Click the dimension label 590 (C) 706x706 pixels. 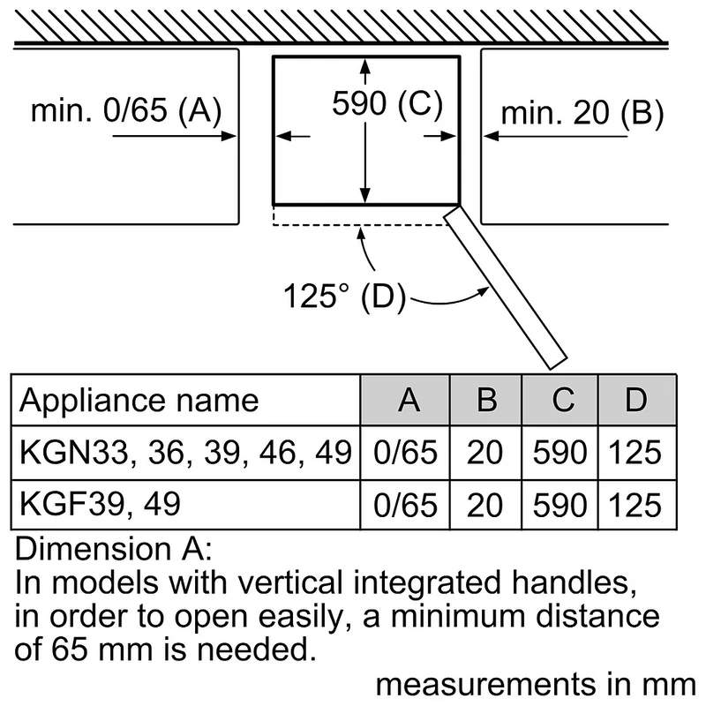click(387, 104)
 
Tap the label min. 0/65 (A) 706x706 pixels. click(126, 109)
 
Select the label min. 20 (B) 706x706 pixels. click(582, 113)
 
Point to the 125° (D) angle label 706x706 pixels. click(344, 297)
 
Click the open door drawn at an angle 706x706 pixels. click(505, 287)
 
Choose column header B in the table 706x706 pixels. click(487, 400)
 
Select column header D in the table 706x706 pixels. click(635, 400)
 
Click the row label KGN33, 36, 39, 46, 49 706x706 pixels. click(185, 453)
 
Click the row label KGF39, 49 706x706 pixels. click(100, 504)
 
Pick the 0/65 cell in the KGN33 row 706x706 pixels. click(405, 453)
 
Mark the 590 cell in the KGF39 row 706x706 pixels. click(560, 505)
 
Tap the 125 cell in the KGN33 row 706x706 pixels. click(635, 453)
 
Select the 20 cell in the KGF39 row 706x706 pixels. click(484, 505)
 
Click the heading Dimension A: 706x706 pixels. click(113, 549)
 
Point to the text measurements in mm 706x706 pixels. click(536, 685)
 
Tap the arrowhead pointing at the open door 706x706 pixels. click(484, 291)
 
